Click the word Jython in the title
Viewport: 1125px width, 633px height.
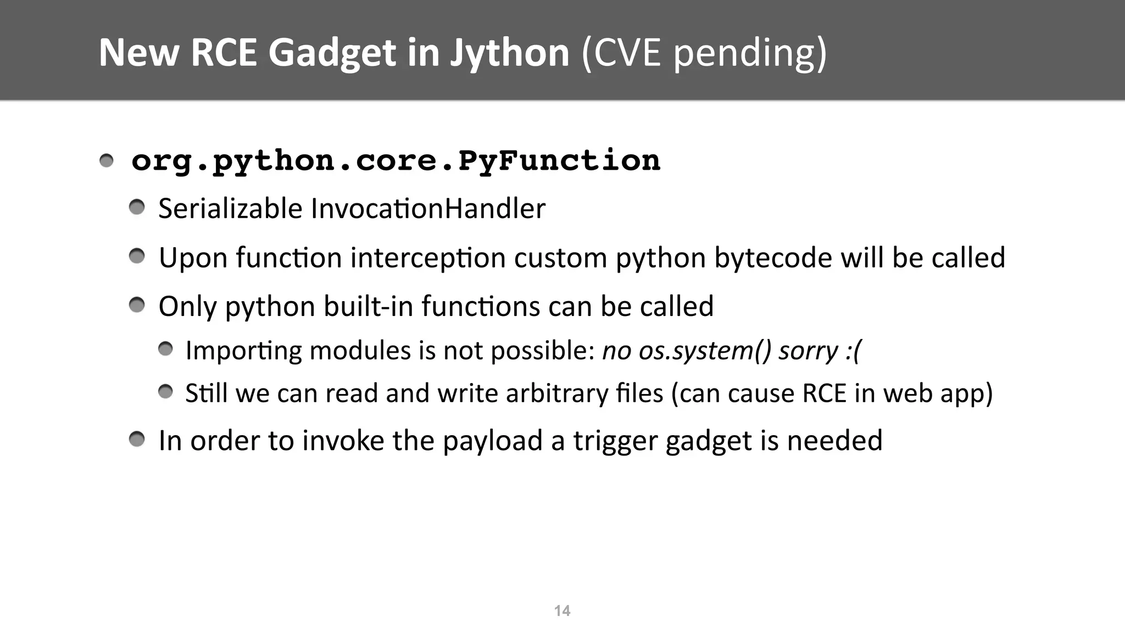coord(509,53)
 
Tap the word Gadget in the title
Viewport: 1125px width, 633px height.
coord(332,53)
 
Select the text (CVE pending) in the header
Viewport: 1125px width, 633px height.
coord(704,53)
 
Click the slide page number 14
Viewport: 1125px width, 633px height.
coord(562,610)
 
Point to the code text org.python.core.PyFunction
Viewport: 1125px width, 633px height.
coord(396,160)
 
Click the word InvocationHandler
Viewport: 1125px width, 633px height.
coord(428,209)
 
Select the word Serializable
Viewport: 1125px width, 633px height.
coord(230,209)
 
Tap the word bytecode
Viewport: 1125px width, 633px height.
coord(773,258)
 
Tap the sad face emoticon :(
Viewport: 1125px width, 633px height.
coord(853,350)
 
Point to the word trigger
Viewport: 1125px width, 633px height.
coord(615,441)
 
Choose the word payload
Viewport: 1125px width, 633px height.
coord(492,441)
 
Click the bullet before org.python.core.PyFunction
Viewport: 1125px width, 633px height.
coord(107,161)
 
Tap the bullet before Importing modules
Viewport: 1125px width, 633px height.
coord(165,349)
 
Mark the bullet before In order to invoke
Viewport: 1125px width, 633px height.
coord(137,440)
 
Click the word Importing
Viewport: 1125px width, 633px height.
coord(243,351)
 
